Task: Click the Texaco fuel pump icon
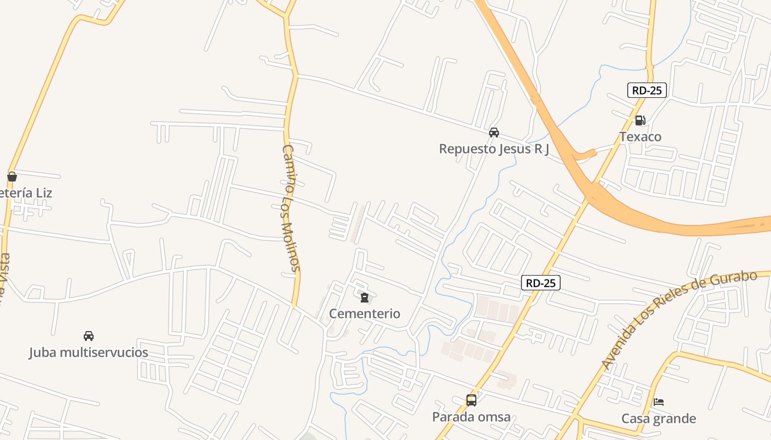[640, 120]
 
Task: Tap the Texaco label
[640, 137]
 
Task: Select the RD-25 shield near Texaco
[647, 90]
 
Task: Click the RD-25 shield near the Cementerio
[541, 283]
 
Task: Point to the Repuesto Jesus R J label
[494, 149]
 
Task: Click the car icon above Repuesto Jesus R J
[494, 133]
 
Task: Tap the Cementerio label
[365, 313]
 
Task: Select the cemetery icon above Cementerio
[364, 298]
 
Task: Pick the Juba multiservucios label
[89, 352]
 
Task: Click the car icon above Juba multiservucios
[89, 335]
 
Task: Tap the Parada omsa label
[471, 417]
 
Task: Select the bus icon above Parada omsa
[471, 400]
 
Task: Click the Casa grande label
[659, 419]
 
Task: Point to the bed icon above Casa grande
[659, 402]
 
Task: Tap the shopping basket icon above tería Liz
[12, 177]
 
